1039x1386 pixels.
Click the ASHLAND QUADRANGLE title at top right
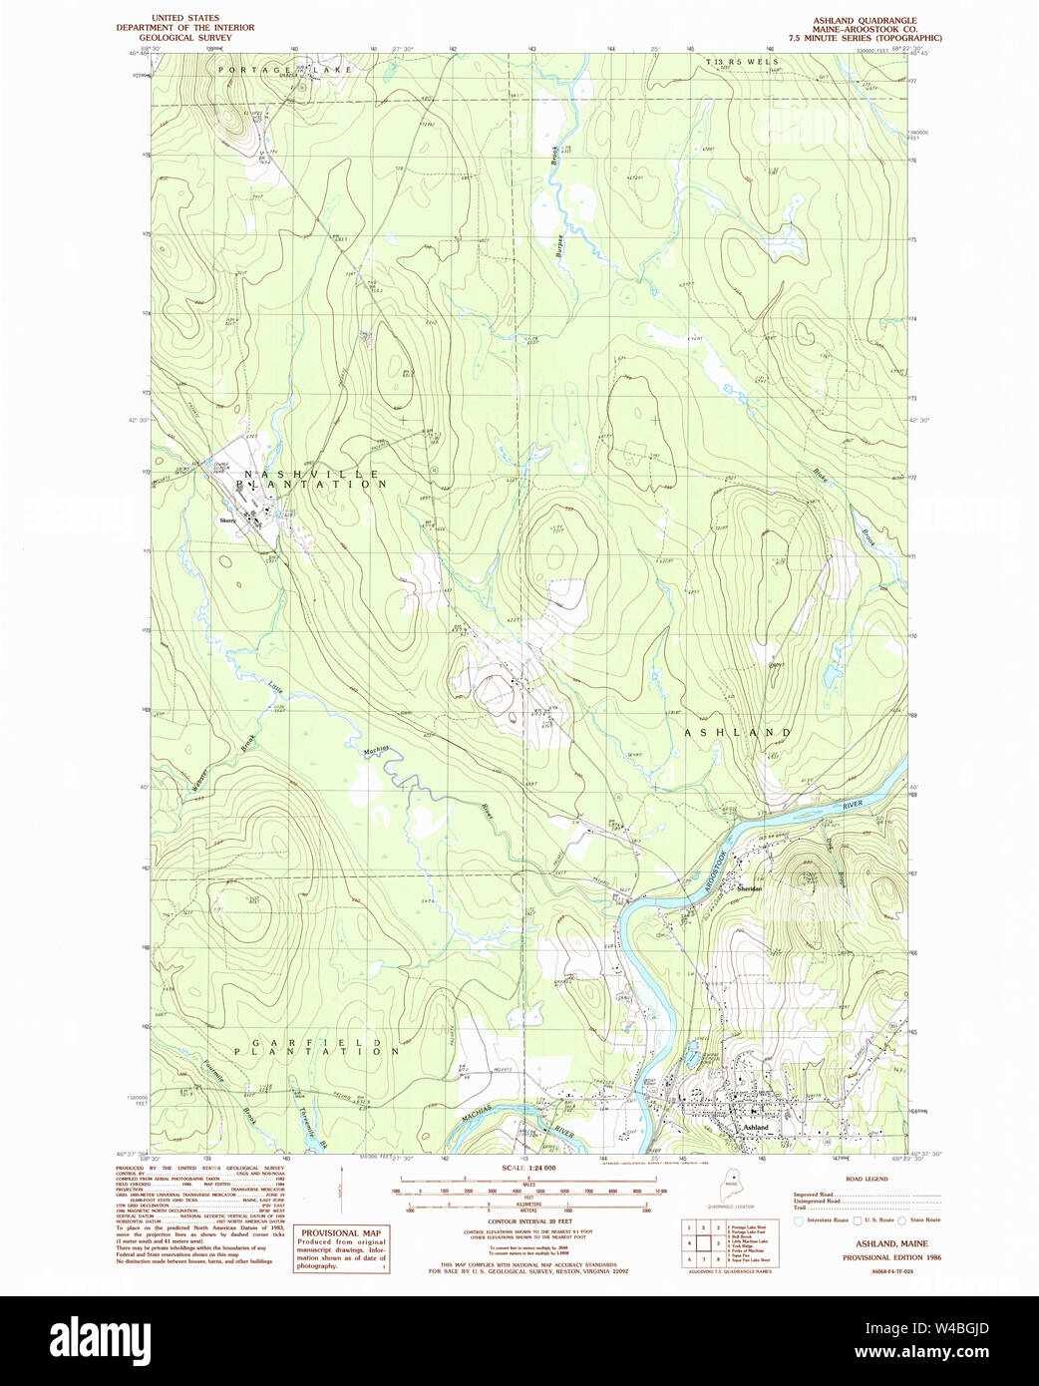[865, 20]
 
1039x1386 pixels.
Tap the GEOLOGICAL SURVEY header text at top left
[185, 38]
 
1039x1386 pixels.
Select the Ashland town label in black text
[755, 1128]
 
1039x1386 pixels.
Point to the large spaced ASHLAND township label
[738, 733]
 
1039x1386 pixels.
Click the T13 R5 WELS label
[742, 62]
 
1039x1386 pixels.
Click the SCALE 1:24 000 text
[528, 1168]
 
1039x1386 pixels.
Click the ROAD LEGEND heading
[866, 1179]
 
